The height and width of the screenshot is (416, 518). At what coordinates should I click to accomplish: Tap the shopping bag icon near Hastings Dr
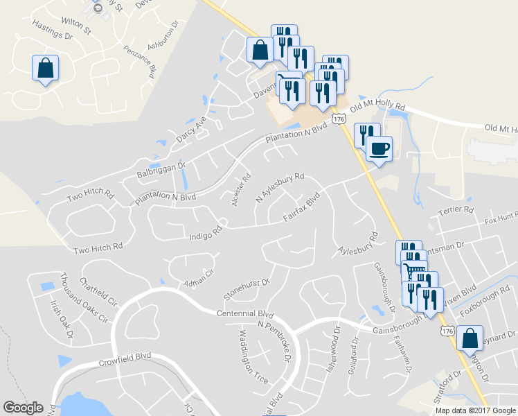tap(45, 69)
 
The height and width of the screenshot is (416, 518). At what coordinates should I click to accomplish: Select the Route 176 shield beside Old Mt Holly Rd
tap(339, 119)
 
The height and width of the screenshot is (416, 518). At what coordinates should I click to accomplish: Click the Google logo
tap(24, 408)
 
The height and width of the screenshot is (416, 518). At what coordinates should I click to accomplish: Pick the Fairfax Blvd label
tap(303, 208)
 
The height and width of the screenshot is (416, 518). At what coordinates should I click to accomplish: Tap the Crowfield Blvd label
tap(125, 358)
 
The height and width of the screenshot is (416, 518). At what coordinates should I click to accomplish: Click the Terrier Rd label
tap(458, 209)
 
